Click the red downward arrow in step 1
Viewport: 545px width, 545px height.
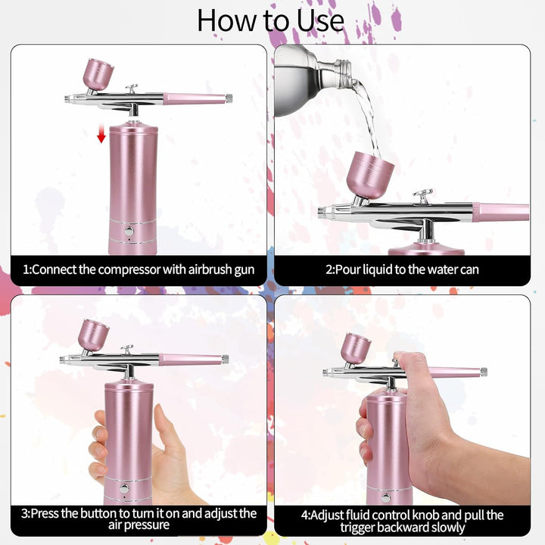click(101, 135)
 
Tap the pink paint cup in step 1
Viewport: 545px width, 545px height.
click(98, 74)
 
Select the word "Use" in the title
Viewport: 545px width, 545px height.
click(316, 20)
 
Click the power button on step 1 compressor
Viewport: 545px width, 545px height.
click(129, 231)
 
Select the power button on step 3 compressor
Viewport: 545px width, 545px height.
click(125, 488)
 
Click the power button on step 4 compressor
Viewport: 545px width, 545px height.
click(387, 497)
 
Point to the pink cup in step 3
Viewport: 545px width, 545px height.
click(94, 335)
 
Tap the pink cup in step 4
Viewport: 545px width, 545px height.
click(356, 348)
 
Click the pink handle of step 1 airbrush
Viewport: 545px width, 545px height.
click(195, 98)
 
